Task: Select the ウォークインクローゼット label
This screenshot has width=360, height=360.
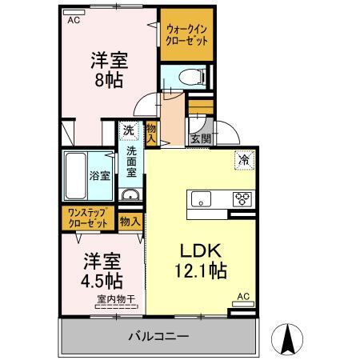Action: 188,35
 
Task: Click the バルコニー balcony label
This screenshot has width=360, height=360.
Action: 158,337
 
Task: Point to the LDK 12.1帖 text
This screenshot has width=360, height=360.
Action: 199,259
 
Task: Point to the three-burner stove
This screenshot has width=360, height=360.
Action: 241,198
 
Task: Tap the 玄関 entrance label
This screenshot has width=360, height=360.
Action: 200,138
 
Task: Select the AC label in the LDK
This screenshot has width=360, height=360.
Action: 244,297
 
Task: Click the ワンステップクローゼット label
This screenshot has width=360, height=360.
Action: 88,218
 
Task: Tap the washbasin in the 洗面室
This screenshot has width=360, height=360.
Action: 129,196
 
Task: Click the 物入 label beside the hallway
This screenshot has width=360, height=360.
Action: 150,130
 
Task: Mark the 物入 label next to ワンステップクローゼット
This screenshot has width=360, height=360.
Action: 129,219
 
